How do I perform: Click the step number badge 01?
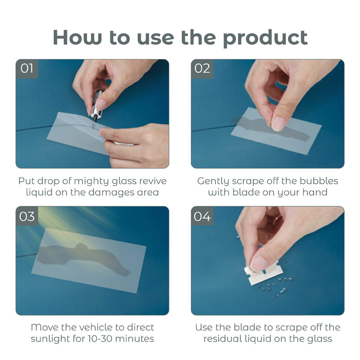click(x=27, y=69)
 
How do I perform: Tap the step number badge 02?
click(x=202, y=69)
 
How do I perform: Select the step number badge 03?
click(x=27, y=216)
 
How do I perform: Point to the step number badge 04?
click(x=202, y=216)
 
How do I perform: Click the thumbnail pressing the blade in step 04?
click(x=260, y=263)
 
